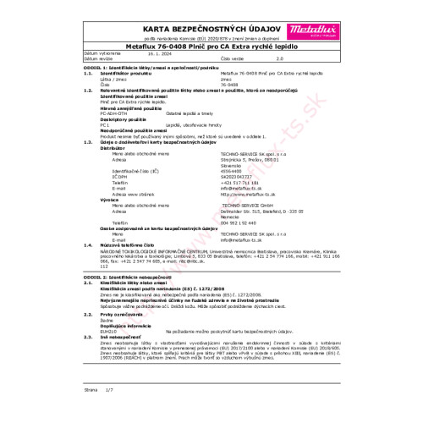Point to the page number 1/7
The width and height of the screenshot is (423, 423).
tap(108, 415)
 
